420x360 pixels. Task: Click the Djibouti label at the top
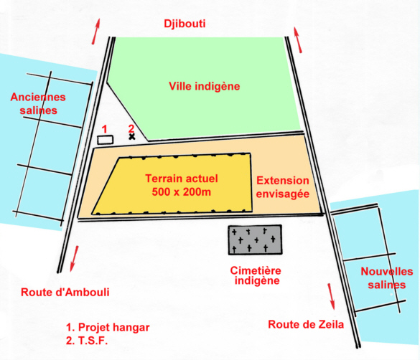coord(185,24)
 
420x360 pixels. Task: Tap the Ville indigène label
coord(205,86)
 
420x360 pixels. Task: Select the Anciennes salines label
coord(38,103)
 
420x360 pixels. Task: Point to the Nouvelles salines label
coord(387,278)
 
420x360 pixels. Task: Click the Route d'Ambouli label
coord(65,292)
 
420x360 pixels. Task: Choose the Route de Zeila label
coord(306,324)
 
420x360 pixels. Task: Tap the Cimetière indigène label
coord(256,276)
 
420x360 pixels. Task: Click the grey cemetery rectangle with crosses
coord(255,240)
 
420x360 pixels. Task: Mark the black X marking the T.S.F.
coord(131,137)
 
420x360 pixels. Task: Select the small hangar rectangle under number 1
coord(106,140)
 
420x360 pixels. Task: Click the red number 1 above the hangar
coord(105,130)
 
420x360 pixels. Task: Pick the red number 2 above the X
coord(131,129)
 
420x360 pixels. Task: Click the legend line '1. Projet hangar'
coord(108,327)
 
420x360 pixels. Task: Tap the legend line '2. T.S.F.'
coord(87,341)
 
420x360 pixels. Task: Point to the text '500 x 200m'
coord(182,191)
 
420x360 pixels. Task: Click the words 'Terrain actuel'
coord(182,179)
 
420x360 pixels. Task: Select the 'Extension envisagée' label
coord(283,187)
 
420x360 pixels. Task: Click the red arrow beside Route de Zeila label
coord(332,296)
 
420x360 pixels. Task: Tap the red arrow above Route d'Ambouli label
coord(74,259)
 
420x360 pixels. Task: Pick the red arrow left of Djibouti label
coord(96,32)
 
